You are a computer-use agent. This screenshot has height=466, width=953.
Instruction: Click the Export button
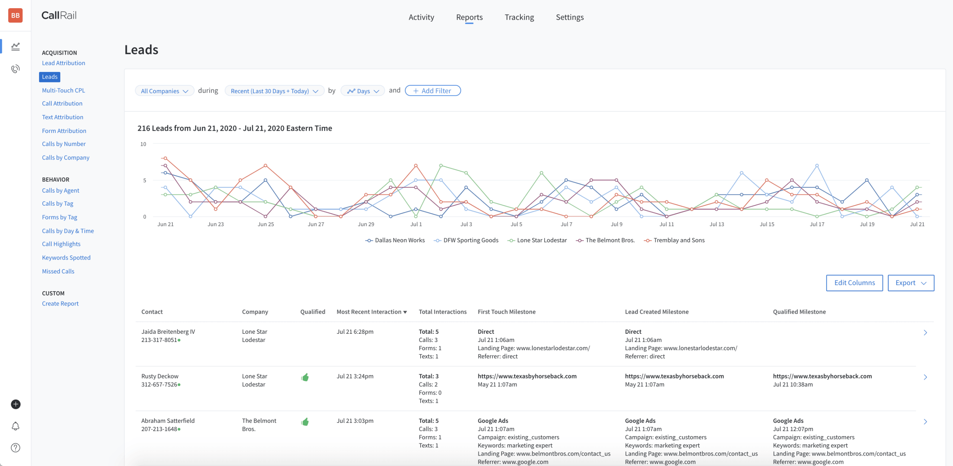pyautogui.click(x=910, y=283)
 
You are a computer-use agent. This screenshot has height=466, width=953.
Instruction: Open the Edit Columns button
pyautogui.click(x=854, y=283)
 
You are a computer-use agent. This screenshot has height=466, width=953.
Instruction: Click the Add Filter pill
pyautogui.click(x=432, y=91)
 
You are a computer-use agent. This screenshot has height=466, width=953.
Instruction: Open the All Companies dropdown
pyautogui.click(x=164, y=91)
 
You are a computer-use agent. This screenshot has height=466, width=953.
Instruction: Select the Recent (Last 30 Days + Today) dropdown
pyautogui.click(x=274, y=91)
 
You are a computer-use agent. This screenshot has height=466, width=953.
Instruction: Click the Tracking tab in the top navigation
pyautogui.click(x=519, y=17)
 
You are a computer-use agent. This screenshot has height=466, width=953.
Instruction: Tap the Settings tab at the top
pyautogui.click(x=569, y=17)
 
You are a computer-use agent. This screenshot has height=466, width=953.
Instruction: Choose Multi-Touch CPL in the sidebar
pyautogui.click(x=63, y=90)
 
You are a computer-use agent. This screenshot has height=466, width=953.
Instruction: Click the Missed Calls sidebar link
pyautogui.click(x=58, y=271)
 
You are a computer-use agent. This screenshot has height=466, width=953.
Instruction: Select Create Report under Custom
pyautogui.click(x=60, y=304)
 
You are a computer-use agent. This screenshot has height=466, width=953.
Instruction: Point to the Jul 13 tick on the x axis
pyautogui.click(x=716, y=224)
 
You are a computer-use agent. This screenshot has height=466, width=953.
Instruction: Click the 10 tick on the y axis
pyautogui.click(x=143, y=144)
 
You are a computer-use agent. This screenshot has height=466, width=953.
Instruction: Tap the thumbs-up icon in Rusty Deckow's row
pyautogui.click(x=305, y=377)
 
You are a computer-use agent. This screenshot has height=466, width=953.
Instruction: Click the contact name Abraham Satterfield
pyautogui.click(x=168, y=421)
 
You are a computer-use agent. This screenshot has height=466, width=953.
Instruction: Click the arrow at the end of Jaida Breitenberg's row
pyautogui.click(x=925, y=333)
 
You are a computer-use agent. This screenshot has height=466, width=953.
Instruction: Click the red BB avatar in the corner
pyautogui.click(x=15, y=15)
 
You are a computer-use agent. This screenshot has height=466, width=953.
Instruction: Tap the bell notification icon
pyautogui.click(x=15, y=426)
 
